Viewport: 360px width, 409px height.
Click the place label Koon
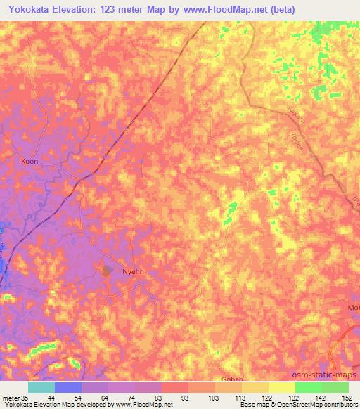tap(30, 162)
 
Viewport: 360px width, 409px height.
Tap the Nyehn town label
tap(133, 271)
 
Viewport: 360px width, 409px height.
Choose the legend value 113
tap(229, 398)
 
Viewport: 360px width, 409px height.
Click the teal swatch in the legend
tap(41, 387)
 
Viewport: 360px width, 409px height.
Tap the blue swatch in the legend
tap(68, 387)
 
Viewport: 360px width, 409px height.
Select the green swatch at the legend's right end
tap(335, 387)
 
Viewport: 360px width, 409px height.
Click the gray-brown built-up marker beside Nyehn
tap(108, 269)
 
